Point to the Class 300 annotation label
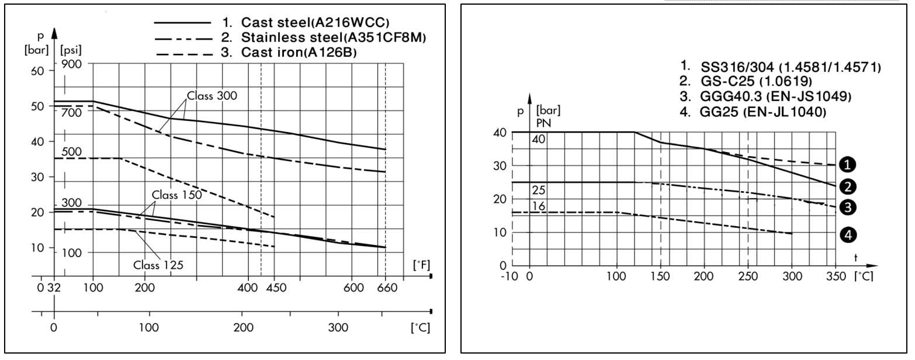click(x=212, y=96)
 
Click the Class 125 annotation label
click(x=158, y=265)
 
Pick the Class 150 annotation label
click(x=177, y=195)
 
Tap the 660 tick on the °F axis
click(x=386, y=288)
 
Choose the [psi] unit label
click(x=72, y=45)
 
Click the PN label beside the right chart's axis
click(x=543, y=122)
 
